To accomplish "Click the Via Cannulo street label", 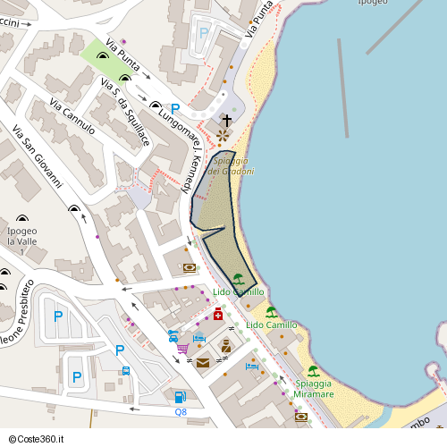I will (73, 115).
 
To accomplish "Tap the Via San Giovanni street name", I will (38, 156).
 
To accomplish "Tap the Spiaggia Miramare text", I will (314, 388).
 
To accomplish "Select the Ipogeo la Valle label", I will (23, 236).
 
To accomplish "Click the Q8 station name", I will (181, 411).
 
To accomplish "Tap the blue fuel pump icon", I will (180, 397).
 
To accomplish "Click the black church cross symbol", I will (226, 120).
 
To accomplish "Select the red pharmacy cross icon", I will (218, 314).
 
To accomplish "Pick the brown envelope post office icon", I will (203, 362).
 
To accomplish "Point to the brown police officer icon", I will (226, 346).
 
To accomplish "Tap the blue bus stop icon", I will (126, 371).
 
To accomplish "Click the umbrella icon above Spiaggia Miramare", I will (313, 371).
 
